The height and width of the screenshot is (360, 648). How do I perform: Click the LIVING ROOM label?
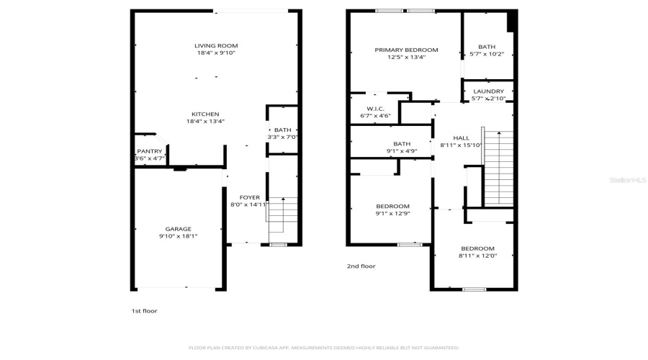point(216,45)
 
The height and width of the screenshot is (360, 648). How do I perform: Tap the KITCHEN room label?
point(205,114)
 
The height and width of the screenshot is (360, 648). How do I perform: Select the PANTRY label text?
point(150,150)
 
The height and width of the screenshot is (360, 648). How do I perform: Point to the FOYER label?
point(249,197)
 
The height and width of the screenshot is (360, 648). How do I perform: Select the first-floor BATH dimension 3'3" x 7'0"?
point(282,137)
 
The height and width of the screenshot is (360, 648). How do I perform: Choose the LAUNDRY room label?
point(488,91)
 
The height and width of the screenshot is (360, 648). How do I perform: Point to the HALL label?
point(461,138)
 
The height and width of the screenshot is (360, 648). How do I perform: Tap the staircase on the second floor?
point(498,167)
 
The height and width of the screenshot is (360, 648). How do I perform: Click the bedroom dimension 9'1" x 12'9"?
point(392,213)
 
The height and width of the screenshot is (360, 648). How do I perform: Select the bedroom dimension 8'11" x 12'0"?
point(477,256)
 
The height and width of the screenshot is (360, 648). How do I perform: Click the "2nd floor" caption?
point(361,266)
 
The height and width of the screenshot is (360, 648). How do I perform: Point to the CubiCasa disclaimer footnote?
point(323,347)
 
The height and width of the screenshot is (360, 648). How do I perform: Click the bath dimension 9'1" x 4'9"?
point(402,151)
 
